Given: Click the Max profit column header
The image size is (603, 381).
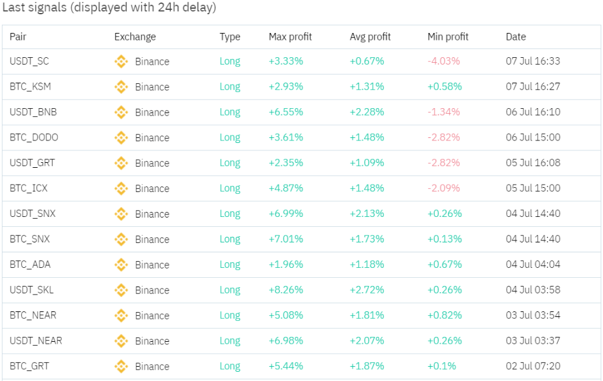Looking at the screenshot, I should [290, 37].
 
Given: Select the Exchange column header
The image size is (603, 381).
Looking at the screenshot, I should [135, 37].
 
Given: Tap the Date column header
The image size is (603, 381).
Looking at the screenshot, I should [516, 37].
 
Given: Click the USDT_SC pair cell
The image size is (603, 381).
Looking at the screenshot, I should [29, 62].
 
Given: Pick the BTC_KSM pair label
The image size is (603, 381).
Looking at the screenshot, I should [30, 87].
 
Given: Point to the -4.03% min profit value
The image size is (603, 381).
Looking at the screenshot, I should [444, 62].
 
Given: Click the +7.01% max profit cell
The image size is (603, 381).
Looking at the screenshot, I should [285, 239].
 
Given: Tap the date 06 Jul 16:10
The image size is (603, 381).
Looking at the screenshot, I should [533, 112].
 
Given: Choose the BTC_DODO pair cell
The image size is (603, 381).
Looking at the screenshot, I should [34, 138].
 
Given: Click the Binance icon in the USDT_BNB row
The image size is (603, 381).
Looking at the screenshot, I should [121, 112].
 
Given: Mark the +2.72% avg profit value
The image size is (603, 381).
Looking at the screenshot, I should [367, 290].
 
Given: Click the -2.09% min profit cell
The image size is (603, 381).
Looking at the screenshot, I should [444, 188].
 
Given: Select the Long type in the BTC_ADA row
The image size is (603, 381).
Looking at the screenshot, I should [230, 265].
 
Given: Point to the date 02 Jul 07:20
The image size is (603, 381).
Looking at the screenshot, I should [533, 367].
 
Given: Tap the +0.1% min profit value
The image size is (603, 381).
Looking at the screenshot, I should [441, 367].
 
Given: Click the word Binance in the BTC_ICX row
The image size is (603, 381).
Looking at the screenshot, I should [152, 189].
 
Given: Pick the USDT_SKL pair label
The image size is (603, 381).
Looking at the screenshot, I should [32, 290].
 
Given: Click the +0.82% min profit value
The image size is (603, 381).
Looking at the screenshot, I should [444, 316].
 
